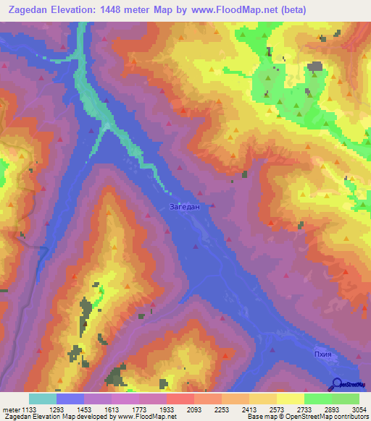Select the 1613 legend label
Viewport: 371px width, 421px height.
[x=112, y=409]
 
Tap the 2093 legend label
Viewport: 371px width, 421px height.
[x=194, y=409]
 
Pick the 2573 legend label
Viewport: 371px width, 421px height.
[x=277, y=409]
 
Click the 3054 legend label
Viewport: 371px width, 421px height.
[x=359, y=409]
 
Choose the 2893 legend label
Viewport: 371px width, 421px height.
[x=332, y=409]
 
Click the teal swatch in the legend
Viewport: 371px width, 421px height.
[x=43, y=399]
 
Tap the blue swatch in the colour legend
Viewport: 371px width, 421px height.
[x=70, y=399]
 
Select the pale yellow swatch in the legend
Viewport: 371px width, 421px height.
[x=290, y=399]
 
